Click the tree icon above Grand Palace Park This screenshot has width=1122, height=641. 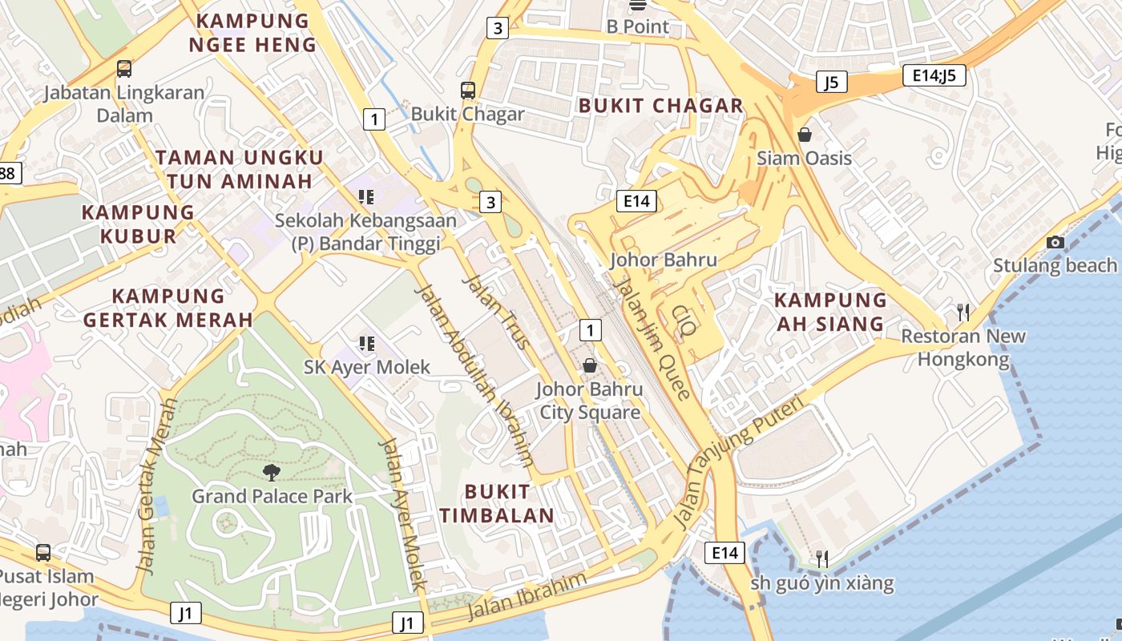[272, 472]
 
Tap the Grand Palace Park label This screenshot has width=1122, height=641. [272, 496]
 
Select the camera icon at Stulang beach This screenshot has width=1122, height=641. [1055, 242]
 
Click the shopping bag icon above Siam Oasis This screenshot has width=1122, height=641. [804, 135]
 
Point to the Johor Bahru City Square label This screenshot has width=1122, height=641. [589, 401]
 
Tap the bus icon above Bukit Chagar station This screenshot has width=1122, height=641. [468, 91]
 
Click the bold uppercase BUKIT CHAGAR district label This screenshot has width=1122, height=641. [661, 106]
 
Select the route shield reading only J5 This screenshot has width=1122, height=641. [831, 82]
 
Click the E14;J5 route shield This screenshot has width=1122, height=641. [934, 76]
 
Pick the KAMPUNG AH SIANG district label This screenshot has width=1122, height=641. [830, 312]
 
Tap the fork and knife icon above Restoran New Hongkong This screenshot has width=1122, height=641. [963, 312]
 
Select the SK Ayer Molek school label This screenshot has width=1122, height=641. [367, 367]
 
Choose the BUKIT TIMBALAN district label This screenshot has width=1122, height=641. [497, 503]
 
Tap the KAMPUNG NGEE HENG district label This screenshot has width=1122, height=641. [252, 33]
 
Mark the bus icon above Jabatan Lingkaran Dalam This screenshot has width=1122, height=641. [123, 69]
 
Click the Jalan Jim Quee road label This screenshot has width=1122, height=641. [650, 337]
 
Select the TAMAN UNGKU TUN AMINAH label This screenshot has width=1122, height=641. [240, 169]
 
